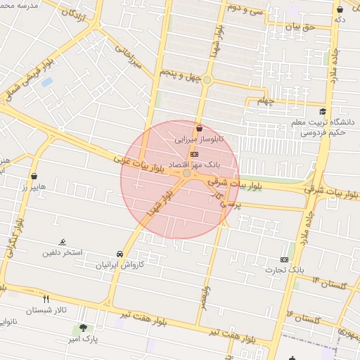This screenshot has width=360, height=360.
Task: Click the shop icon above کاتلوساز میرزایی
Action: coord(200,129)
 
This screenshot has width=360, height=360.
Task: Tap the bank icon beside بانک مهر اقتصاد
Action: coord(194,154)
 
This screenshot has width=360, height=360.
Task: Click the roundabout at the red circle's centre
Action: coord(186,173)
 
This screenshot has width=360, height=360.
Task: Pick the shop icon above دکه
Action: coord(340,9)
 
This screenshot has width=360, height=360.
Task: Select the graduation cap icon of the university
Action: coord(322,111)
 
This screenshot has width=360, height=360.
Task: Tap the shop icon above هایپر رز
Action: coord(34,176)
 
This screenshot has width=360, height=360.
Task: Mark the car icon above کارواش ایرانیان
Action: coord(120,254)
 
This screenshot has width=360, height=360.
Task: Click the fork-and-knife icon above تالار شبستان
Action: coord(46,299)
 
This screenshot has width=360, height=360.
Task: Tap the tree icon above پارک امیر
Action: coord(83,328)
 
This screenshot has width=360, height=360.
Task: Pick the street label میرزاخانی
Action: coord(127,58)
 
